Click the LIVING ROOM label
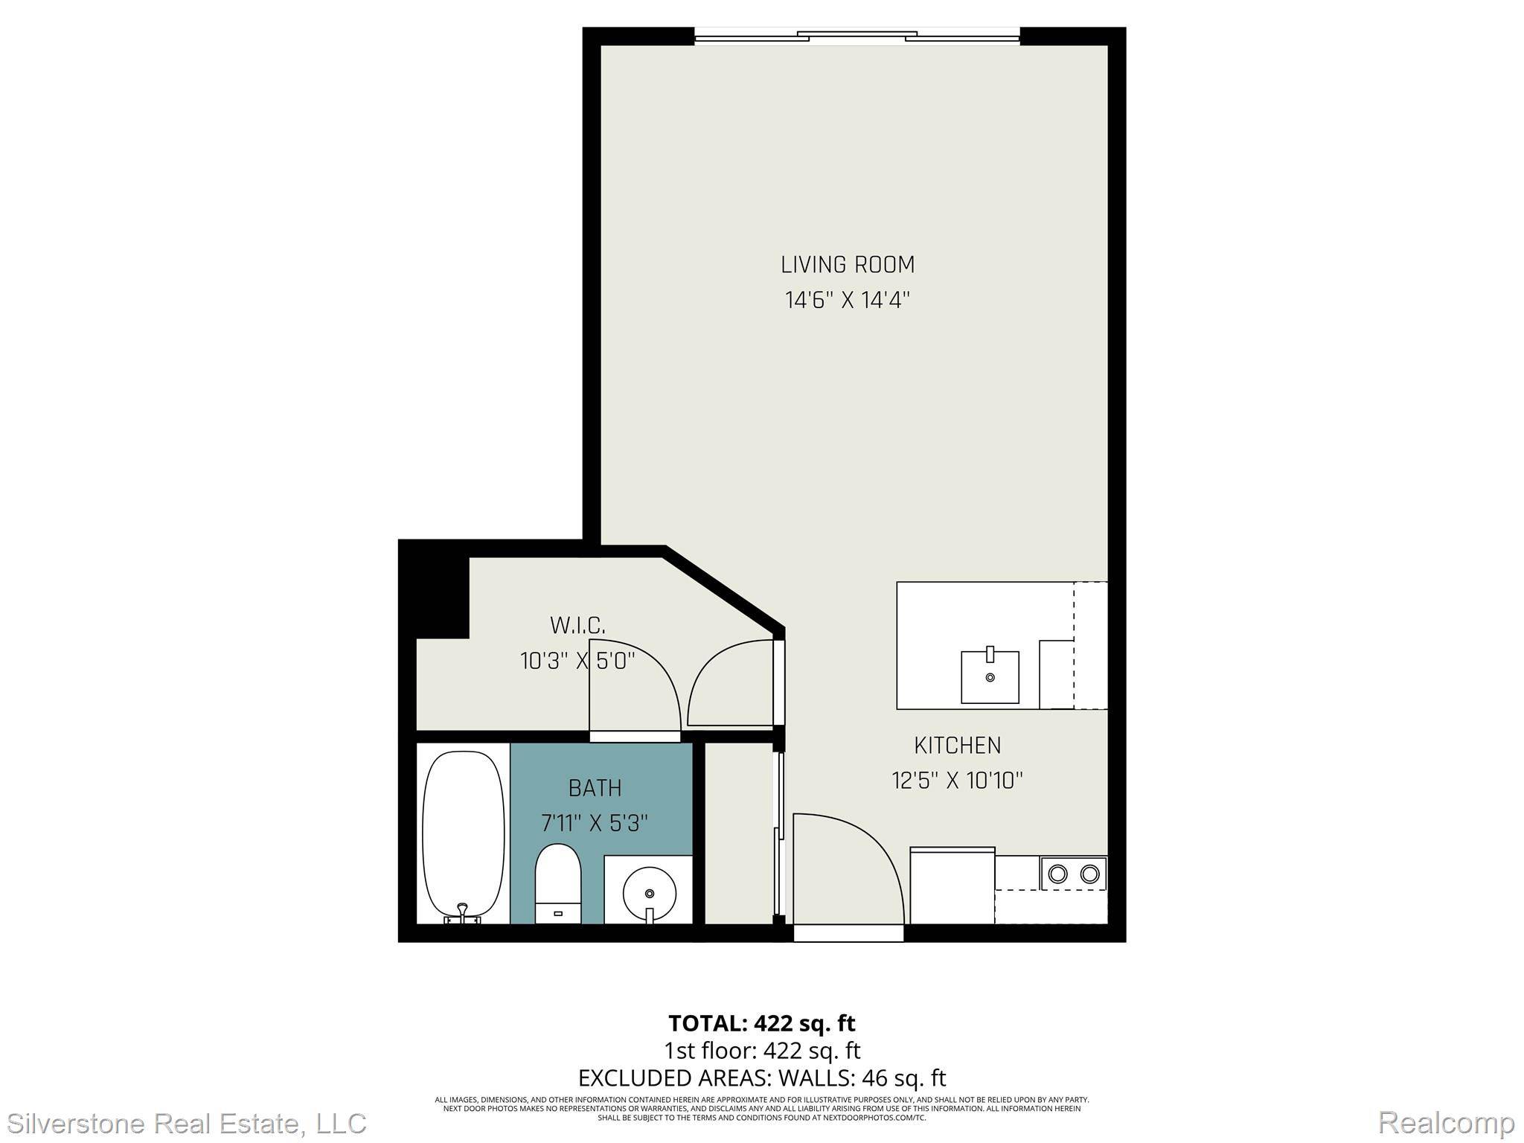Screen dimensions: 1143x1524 (x=847, y=265)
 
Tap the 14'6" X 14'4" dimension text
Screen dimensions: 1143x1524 (x=847, y=301)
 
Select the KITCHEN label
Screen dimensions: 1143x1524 (x=957, y=745)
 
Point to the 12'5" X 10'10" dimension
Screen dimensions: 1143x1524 (x=957, y=781)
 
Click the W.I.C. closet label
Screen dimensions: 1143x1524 (x=577, y=625)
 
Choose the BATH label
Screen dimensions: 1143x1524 (x=595, y=788)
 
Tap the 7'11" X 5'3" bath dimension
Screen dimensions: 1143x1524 (x=595, y=823)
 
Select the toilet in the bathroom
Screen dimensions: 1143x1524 (x=558, y=882)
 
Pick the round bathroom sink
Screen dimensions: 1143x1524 (x=649, y=891)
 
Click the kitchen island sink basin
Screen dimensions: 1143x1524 (x=990, y=676)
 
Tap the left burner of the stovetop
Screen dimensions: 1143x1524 (x=1057, y=873)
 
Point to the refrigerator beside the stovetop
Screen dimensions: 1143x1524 (x=952, y=886)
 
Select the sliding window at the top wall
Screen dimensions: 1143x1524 (x=857, y=35)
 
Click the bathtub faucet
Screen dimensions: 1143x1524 (x=462, y=911)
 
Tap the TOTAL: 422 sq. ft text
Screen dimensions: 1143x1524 (x=762, y=1024)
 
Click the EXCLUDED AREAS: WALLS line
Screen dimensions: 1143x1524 (x=762, y=1078)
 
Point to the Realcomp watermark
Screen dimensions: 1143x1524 (x=1446, y=1122)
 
